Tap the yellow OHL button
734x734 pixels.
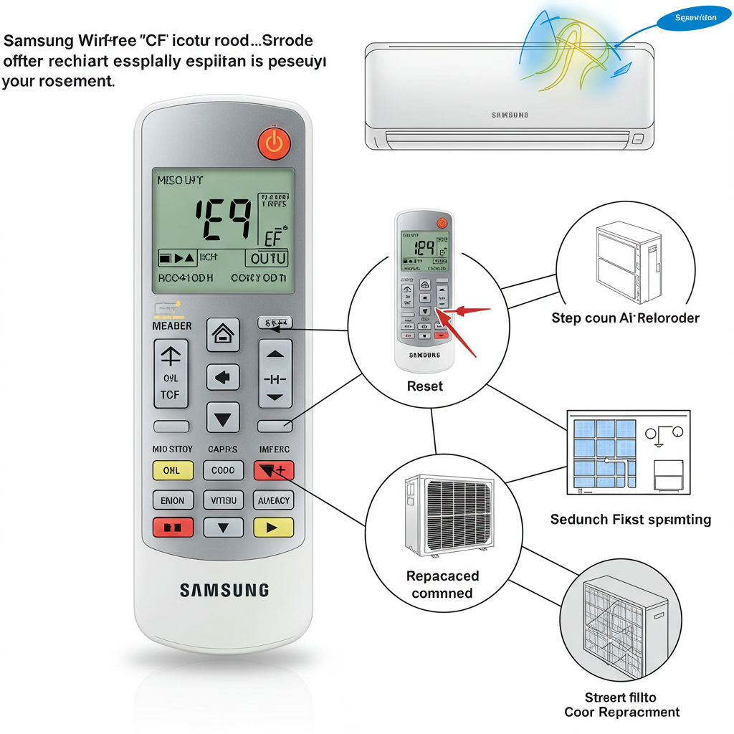[172, 470]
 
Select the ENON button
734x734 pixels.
[172, 500]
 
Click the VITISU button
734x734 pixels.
[223, 500]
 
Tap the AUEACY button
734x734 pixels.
[274, 500]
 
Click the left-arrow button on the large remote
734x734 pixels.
[223, 376]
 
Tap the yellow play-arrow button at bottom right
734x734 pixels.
[274, 528]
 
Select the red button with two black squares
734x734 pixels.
[172, 528]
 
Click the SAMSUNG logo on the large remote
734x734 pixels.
[224, 590]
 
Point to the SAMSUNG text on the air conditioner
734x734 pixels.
[510, 115]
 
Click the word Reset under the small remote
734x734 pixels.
[425, 386]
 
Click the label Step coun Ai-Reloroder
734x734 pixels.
[625, 318]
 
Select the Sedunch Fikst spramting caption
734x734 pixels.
[630, 520]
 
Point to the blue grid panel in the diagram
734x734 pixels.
[605, 452]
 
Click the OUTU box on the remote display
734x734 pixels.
[267, 258]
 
